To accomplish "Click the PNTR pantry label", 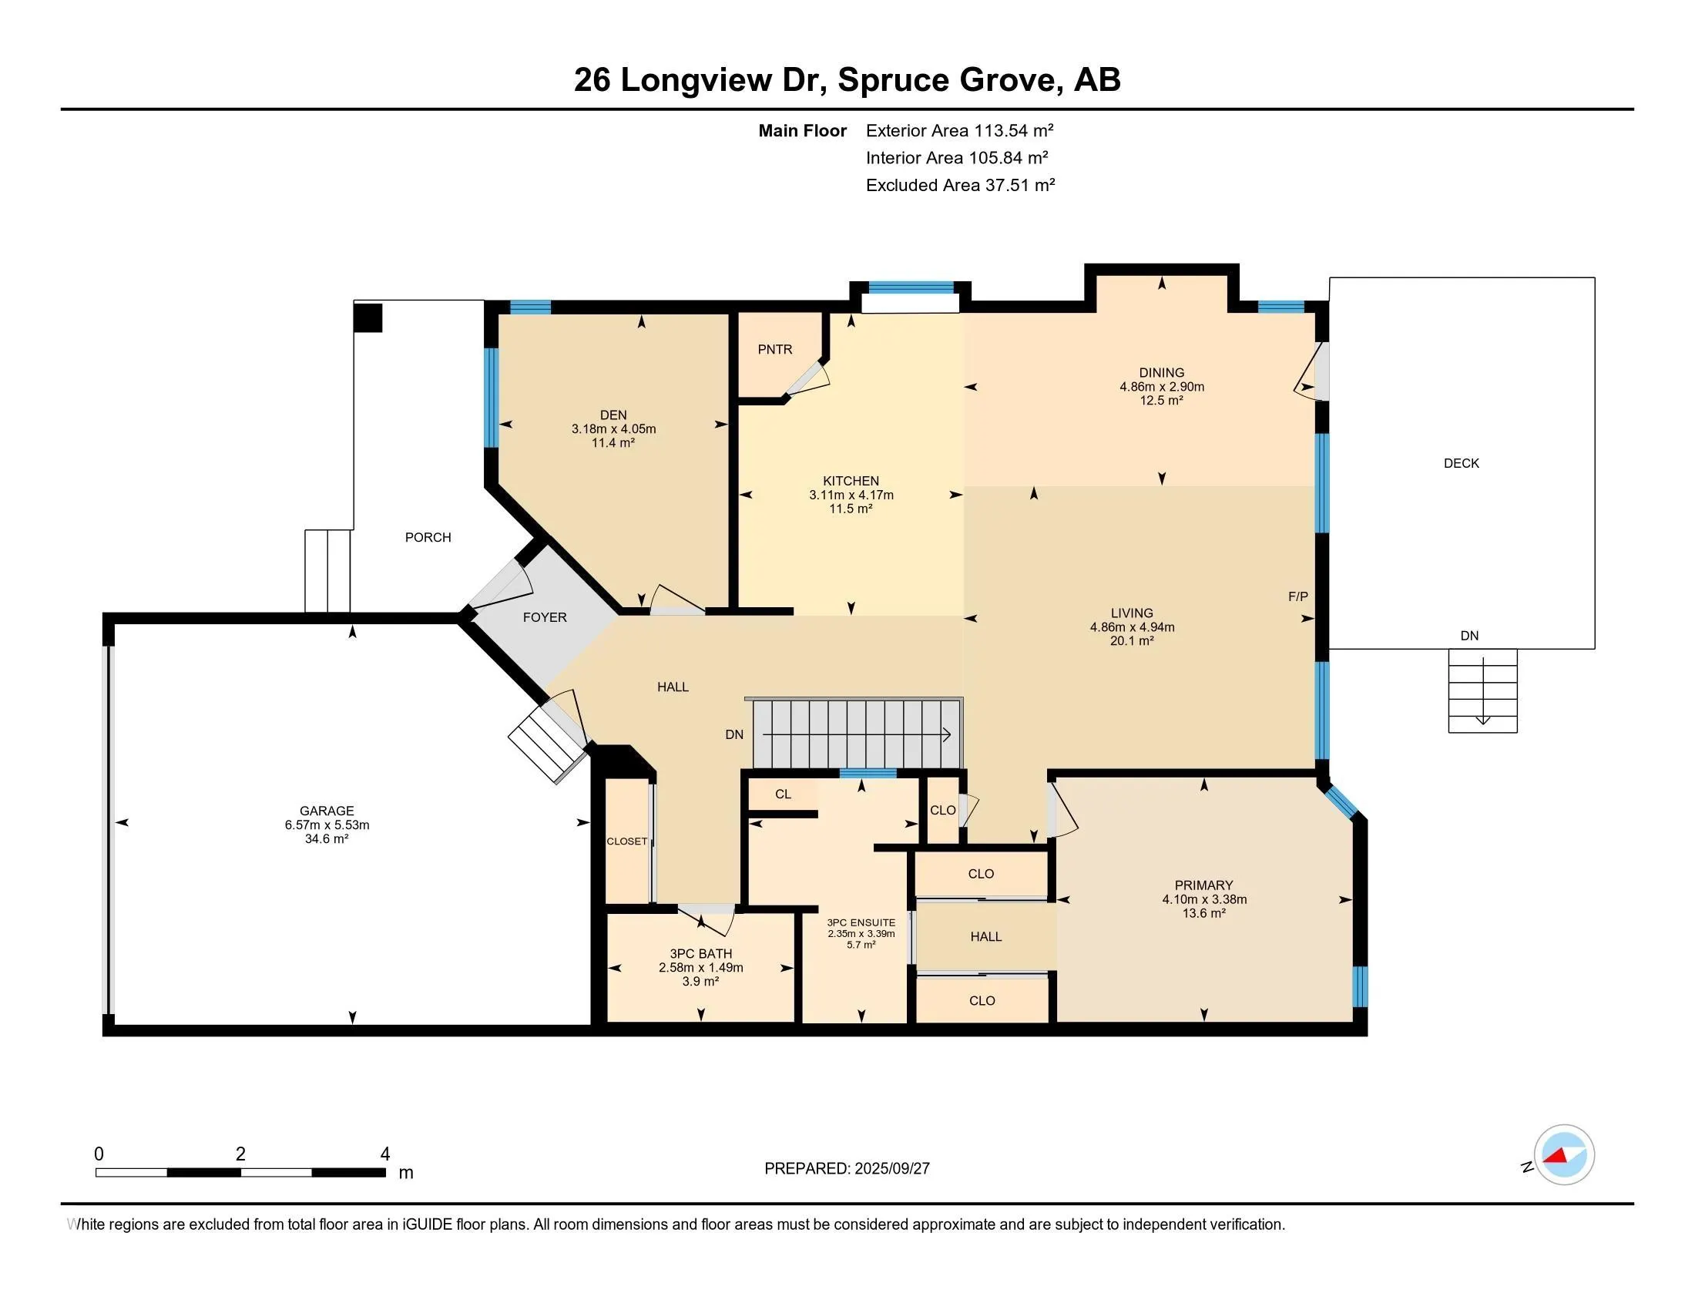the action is (x=774, y=349).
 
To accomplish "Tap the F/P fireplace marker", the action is (x=1297, y=596).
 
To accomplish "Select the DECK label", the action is (x=1462, y=463).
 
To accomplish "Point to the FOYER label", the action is (x=545, y=617).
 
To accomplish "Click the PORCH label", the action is (x=428, y=537).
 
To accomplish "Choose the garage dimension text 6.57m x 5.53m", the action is (x=327, y=825).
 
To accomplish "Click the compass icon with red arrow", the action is (x=1563, y=1154).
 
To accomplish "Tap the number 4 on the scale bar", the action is (x=385, y=1154).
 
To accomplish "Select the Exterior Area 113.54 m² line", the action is (x=959, y=130).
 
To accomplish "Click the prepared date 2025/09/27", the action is (x=891, y=1168).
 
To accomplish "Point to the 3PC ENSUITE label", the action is (x=861, y=922).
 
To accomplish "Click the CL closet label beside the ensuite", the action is (x=783, y=794).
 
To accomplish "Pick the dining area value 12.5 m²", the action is (x=1161, y=401).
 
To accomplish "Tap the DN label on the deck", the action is (x=1469, y=636).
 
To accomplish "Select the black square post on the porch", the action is (x=368, y=317).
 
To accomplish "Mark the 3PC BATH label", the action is (x=701, y=954).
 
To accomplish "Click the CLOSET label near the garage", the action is (x=627, y=841).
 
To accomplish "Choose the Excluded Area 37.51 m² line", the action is (x=960, y=185).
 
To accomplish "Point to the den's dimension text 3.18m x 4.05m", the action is (x=613, y=428).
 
